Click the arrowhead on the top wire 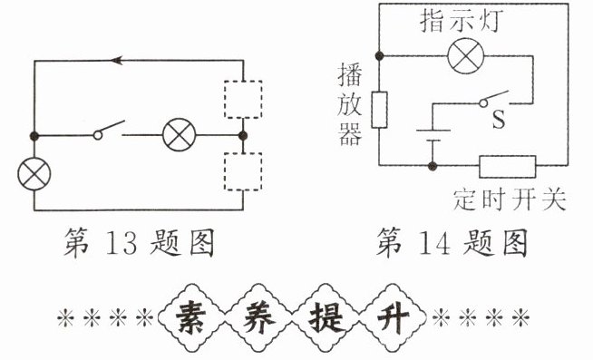click(x=117, y=60)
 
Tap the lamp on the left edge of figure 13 click(x=34, y=174)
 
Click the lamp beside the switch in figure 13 click(x=180, y=135)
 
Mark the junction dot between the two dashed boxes click(x=243, y=135)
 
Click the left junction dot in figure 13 click(x=34, y=135)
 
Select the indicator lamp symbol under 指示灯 click(x=465, y=56)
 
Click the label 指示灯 click(x=462, y=21)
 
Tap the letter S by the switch click(x=499, y=119)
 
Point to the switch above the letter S click(x=493, y=99)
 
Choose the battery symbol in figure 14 click(x=433, y=135)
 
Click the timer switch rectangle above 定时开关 click(x=508, y=166)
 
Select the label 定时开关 click(x=510, y=199)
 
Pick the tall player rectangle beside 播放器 click(x=379, y=110)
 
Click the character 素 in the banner click(x=191, y=317)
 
